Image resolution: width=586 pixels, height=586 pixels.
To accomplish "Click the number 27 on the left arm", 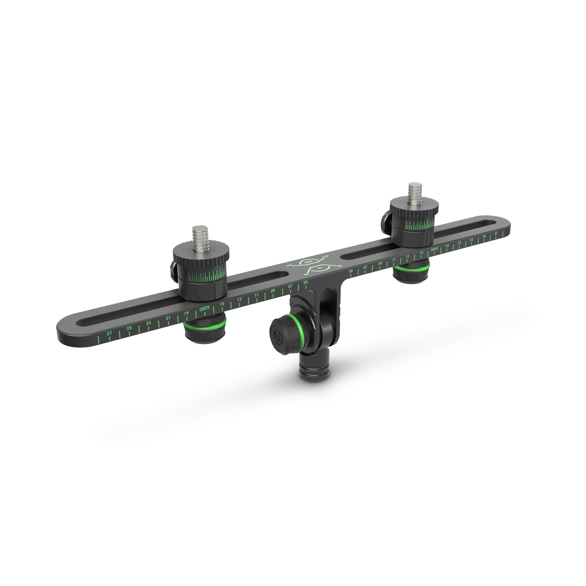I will click(x=109, y=333).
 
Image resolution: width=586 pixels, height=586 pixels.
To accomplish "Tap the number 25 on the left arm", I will click(x=129, y=328).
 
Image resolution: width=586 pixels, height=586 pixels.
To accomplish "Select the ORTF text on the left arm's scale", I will click(x=205, y=309).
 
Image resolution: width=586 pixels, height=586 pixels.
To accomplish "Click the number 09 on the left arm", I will click(x=273, y=291).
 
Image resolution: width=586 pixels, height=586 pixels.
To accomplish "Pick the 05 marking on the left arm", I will click(x=305, y=282).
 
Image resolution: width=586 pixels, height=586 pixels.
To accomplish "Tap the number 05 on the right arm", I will click(x=351, y=271).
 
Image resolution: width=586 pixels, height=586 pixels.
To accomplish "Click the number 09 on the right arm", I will click(x=380, y=264).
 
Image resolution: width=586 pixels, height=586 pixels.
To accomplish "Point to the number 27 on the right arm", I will click(x=496, y=234).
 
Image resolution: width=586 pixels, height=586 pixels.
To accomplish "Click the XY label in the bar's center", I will click(x=319, y=268).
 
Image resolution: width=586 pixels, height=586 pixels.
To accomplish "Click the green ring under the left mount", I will click(x=205, y=327).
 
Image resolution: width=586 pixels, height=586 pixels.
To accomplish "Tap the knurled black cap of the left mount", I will click(x=201, y=251).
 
